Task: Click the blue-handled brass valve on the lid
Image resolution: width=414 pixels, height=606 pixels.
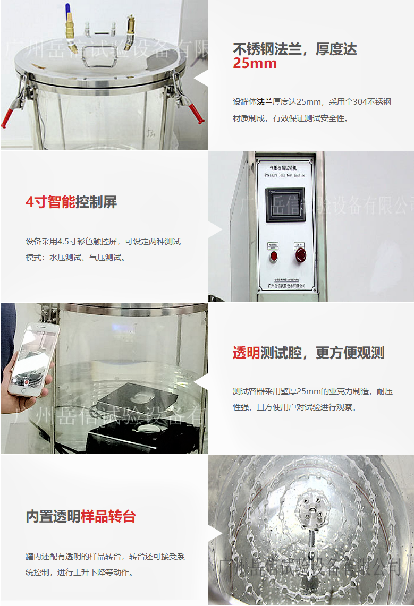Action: click(x=70, y=29)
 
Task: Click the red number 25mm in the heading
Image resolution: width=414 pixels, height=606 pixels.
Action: click(x=255, y=64)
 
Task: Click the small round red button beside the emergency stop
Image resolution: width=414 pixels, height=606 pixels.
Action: click(x=274, y=256)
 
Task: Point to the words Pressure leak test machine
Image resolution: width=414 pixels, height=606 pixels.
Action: click(x=285, y=174)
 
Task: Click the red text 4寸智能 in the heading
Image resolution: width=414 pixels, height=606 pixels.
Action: click(x=50, y=202)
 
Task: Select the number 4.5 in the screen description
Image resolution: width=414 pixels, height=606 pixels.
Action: click(x=63, y=242)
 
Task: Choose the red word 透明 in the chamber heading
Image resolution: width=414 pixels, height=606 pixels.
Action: click(x=246, y=353)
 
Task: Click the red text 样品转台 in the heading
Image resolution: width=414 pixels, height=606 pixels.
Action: click(x=108, y=516)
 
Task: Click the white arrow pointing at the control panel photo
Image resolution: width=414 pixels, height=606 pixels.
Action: click(x=215, y=230)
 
